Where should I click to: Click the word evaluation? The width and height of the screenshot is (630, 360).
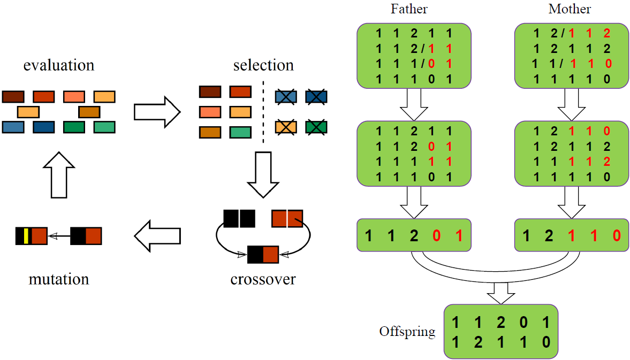pyautogui.click(x=59, y=66)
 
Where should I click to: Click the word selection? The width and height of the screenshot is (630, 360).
pyautogui.click(x=263, y=66)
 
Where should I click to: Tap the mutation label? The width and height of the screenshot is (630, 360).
pyautogui.click(x=59, y=279)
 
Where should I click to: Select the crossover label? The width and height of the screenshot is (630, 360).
pyautogui.click(x=263, y=279)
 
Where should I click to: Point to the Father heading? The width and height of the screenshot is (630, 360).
pyautogui.click(x=409, y=9)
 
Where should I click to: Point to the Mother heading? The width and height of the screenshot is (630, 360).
pyautogui.click(x=570, y=9)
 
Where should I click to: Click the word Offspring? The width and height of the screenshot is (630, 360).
pyautogui.click(x=407, y=331)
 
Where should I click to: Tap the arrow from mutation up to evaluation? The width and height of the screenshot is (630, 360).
pyautogui.click(x=59, y=174)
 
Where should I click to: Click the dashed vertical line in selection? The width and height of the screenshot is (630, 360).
pyautogui.click(x=263, y=111)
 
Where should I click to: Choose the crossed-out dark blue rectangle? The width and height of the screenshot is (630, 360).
pyautogui.click(x=316, y=97)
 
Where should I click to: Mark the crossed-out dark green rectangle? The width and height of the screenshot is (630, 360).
pyautogui.click(x=316, y=127)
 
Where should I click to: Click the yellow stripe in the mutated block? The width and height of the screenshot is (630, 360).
pyautogui.click(x=26, y=236)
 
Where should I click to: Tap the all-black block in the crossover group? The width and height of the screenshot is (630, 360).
pyautogui.click(x=239, y=218)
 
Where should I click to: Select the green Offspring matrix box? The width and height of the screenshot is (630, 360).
pyautogui.click(x=500, y=331)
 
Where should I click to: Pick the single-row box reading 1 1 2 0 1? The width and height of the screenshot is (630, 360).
pyautogui.click(x=414, y=235)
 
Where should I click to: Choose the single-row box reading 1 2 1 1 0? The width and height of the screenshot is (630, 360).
pyautogui.click(x=571, y=235)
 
